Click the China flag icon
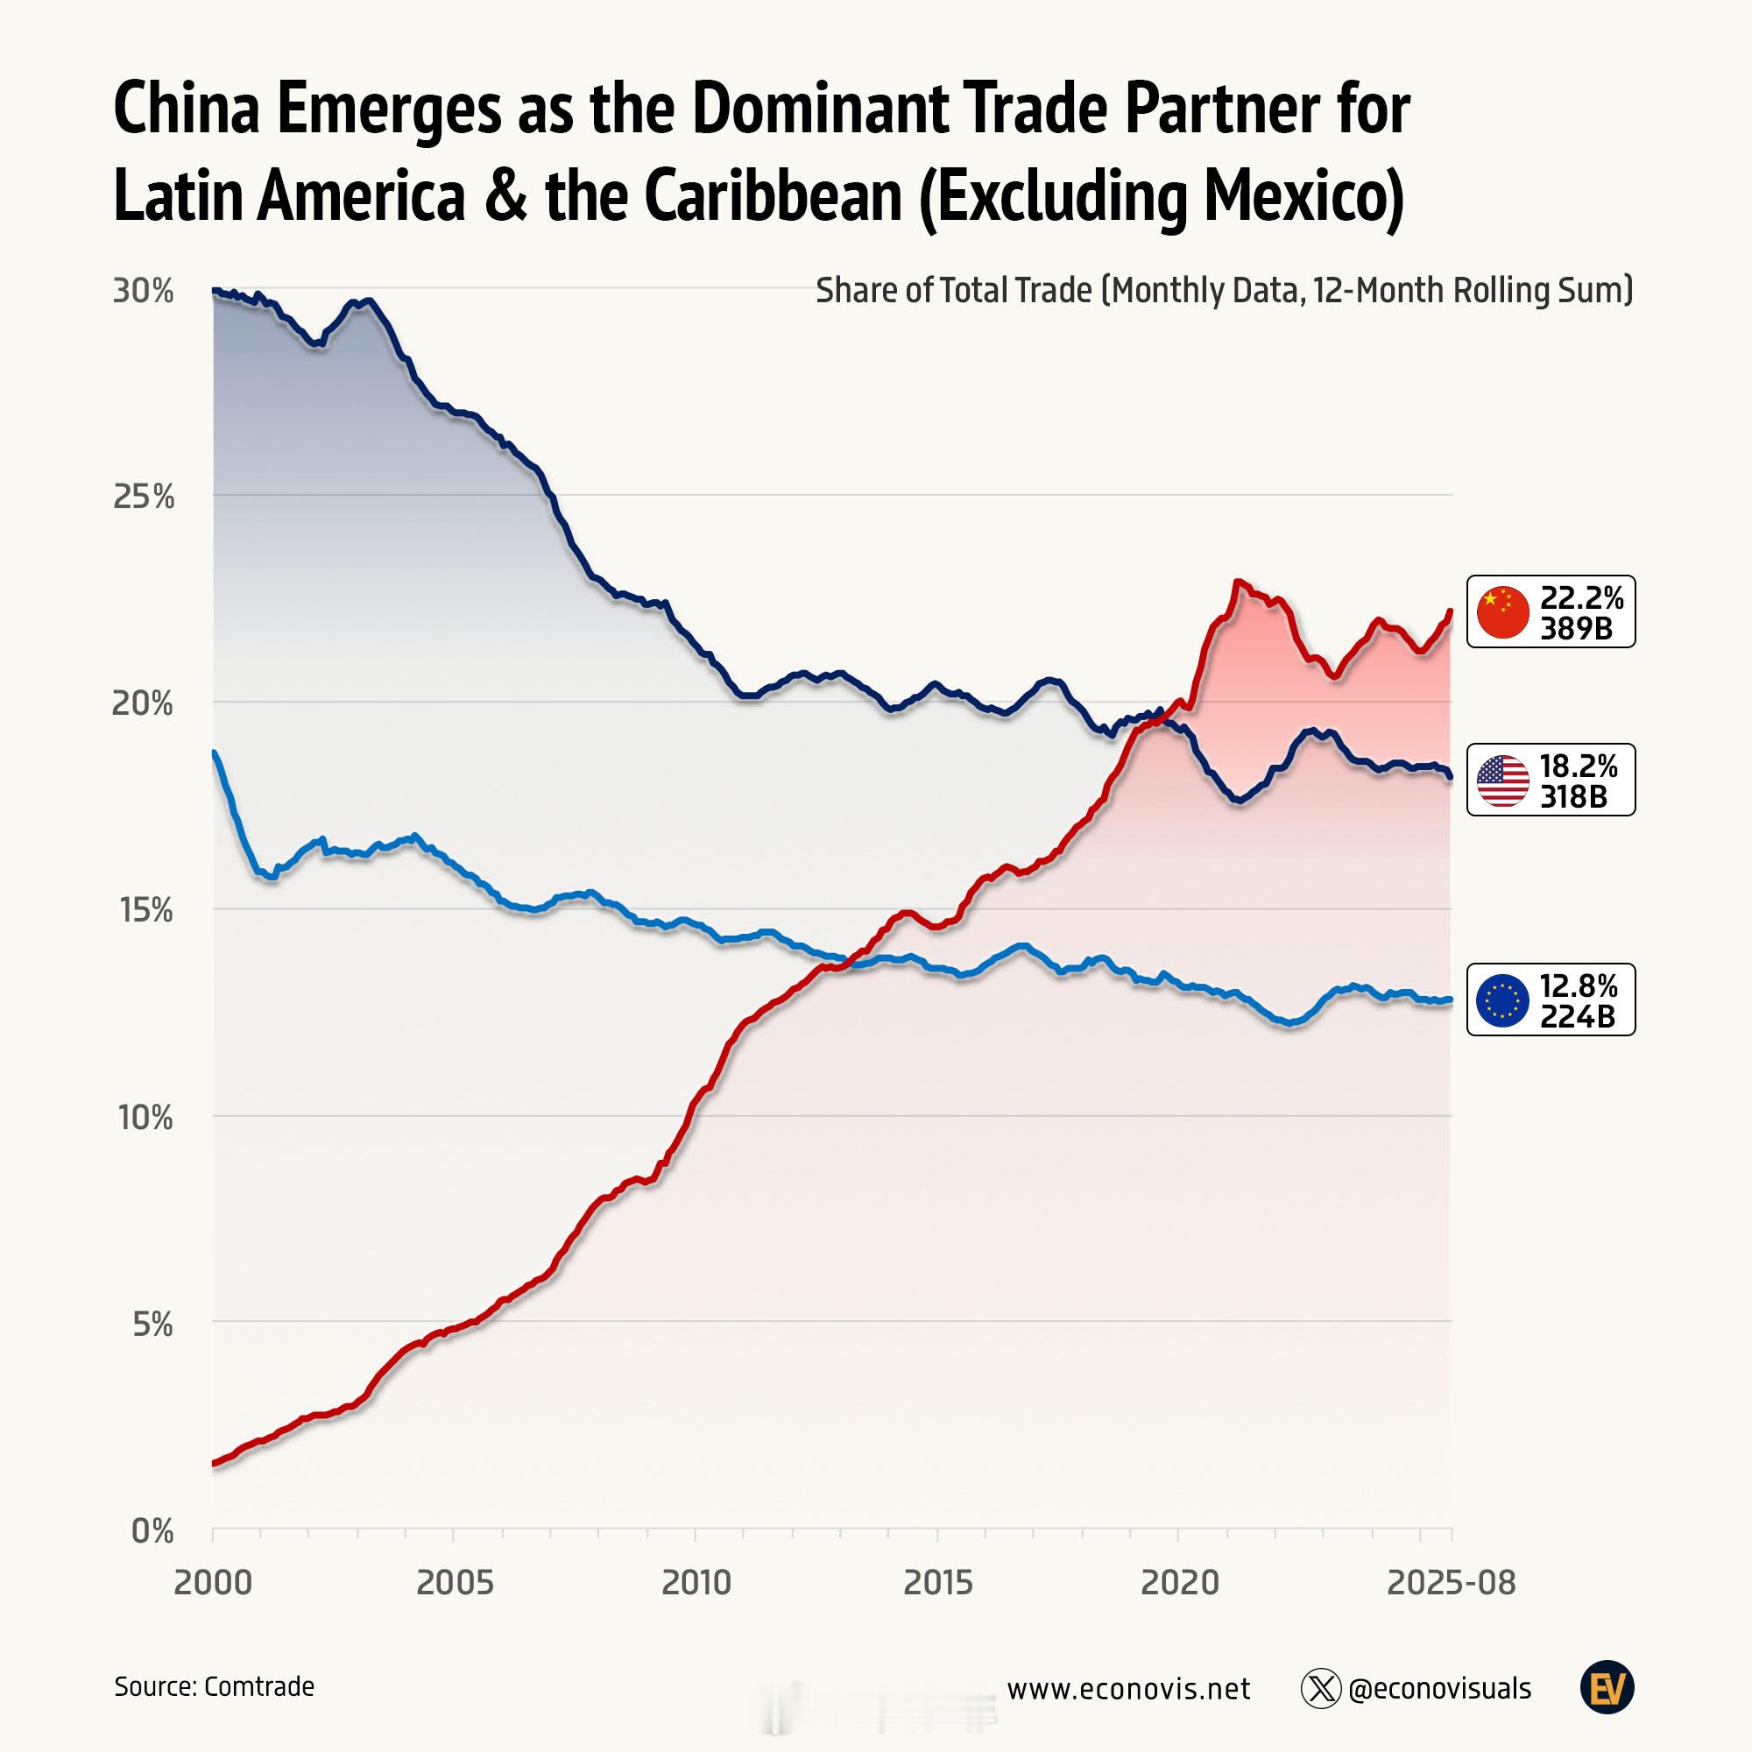click(x=1502, y=612)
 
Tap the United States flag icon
click(x=1502, y=780)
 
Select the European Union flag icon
click(x=1502, y=1000)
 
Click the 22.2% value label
click(x=1581, y=597)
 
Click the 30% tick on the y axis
click(x=143, y=291)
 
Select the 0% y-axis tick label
click(x=152, y=1530)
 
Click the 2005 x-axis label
click(x=455, y=1583)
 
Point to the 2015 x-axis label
click(x=937, y=1583)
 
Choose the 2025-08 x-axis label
click(x=1451, y=1583)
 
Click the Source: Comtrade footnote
click(x=214, y=1685)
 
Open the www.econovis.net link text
click(x=1128, y=1689)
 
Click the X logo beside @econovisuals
click(x=1320, y=1689)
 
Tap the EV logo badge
click(x=1607, y=1688)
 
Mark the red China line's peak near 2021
click(x=1237, y=583)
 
